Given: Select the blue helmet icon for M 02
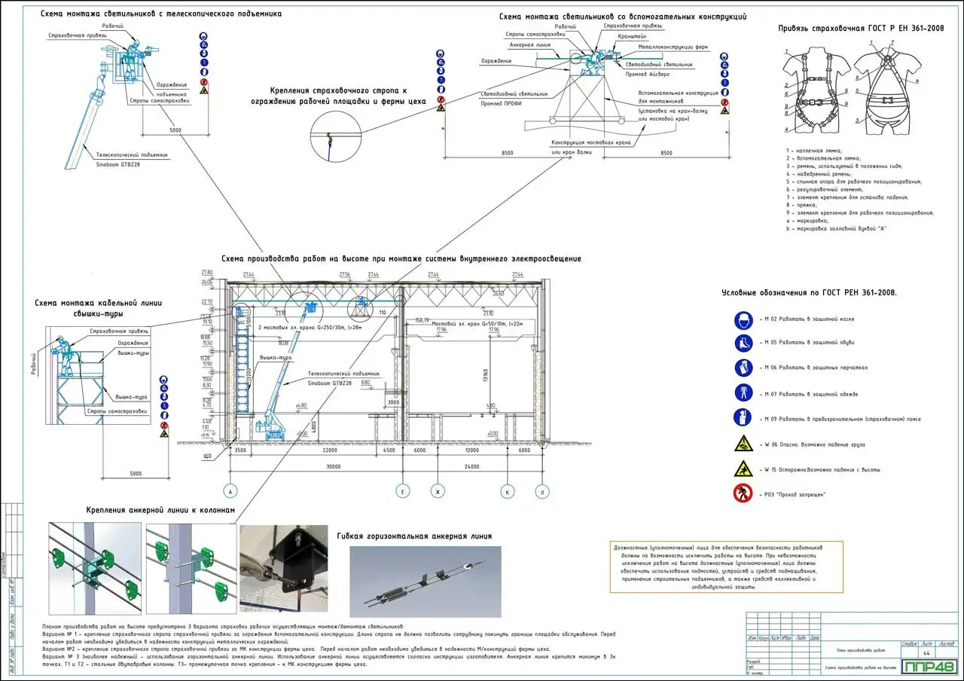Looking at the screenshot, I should [x=743, y=319].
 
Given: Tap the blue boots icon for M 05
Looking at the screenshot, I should [x=743, y=344].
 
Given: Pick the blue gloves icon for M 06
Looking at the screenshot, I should [x=743, y=368].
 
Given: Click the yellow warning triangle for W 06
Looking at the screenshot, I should [x=743, y=444].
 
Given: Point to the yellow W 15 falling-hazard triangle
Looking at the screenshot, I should [x=743, y=469].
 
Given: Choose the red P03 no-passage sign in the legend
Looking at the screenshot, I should [x=743, y=493].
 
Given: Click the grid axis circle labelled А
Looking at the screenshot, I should [x=231, y=492].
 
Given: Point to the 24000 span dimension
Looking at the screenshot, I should [x=472, y=467].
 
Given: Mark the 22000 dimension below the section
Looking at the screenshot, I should [x=329, y=450].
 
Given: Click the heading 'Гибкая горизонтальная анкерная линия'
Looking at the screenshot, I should [x=415, y=536].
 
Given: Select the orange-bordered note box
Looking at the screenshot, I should [x=726, y=566].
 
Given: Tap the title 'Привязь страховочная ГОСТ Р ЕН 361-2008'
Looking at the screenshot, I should [x=861, y=29].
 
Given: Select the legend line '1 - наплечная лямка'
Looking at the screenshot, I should [x=814, y=150].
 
